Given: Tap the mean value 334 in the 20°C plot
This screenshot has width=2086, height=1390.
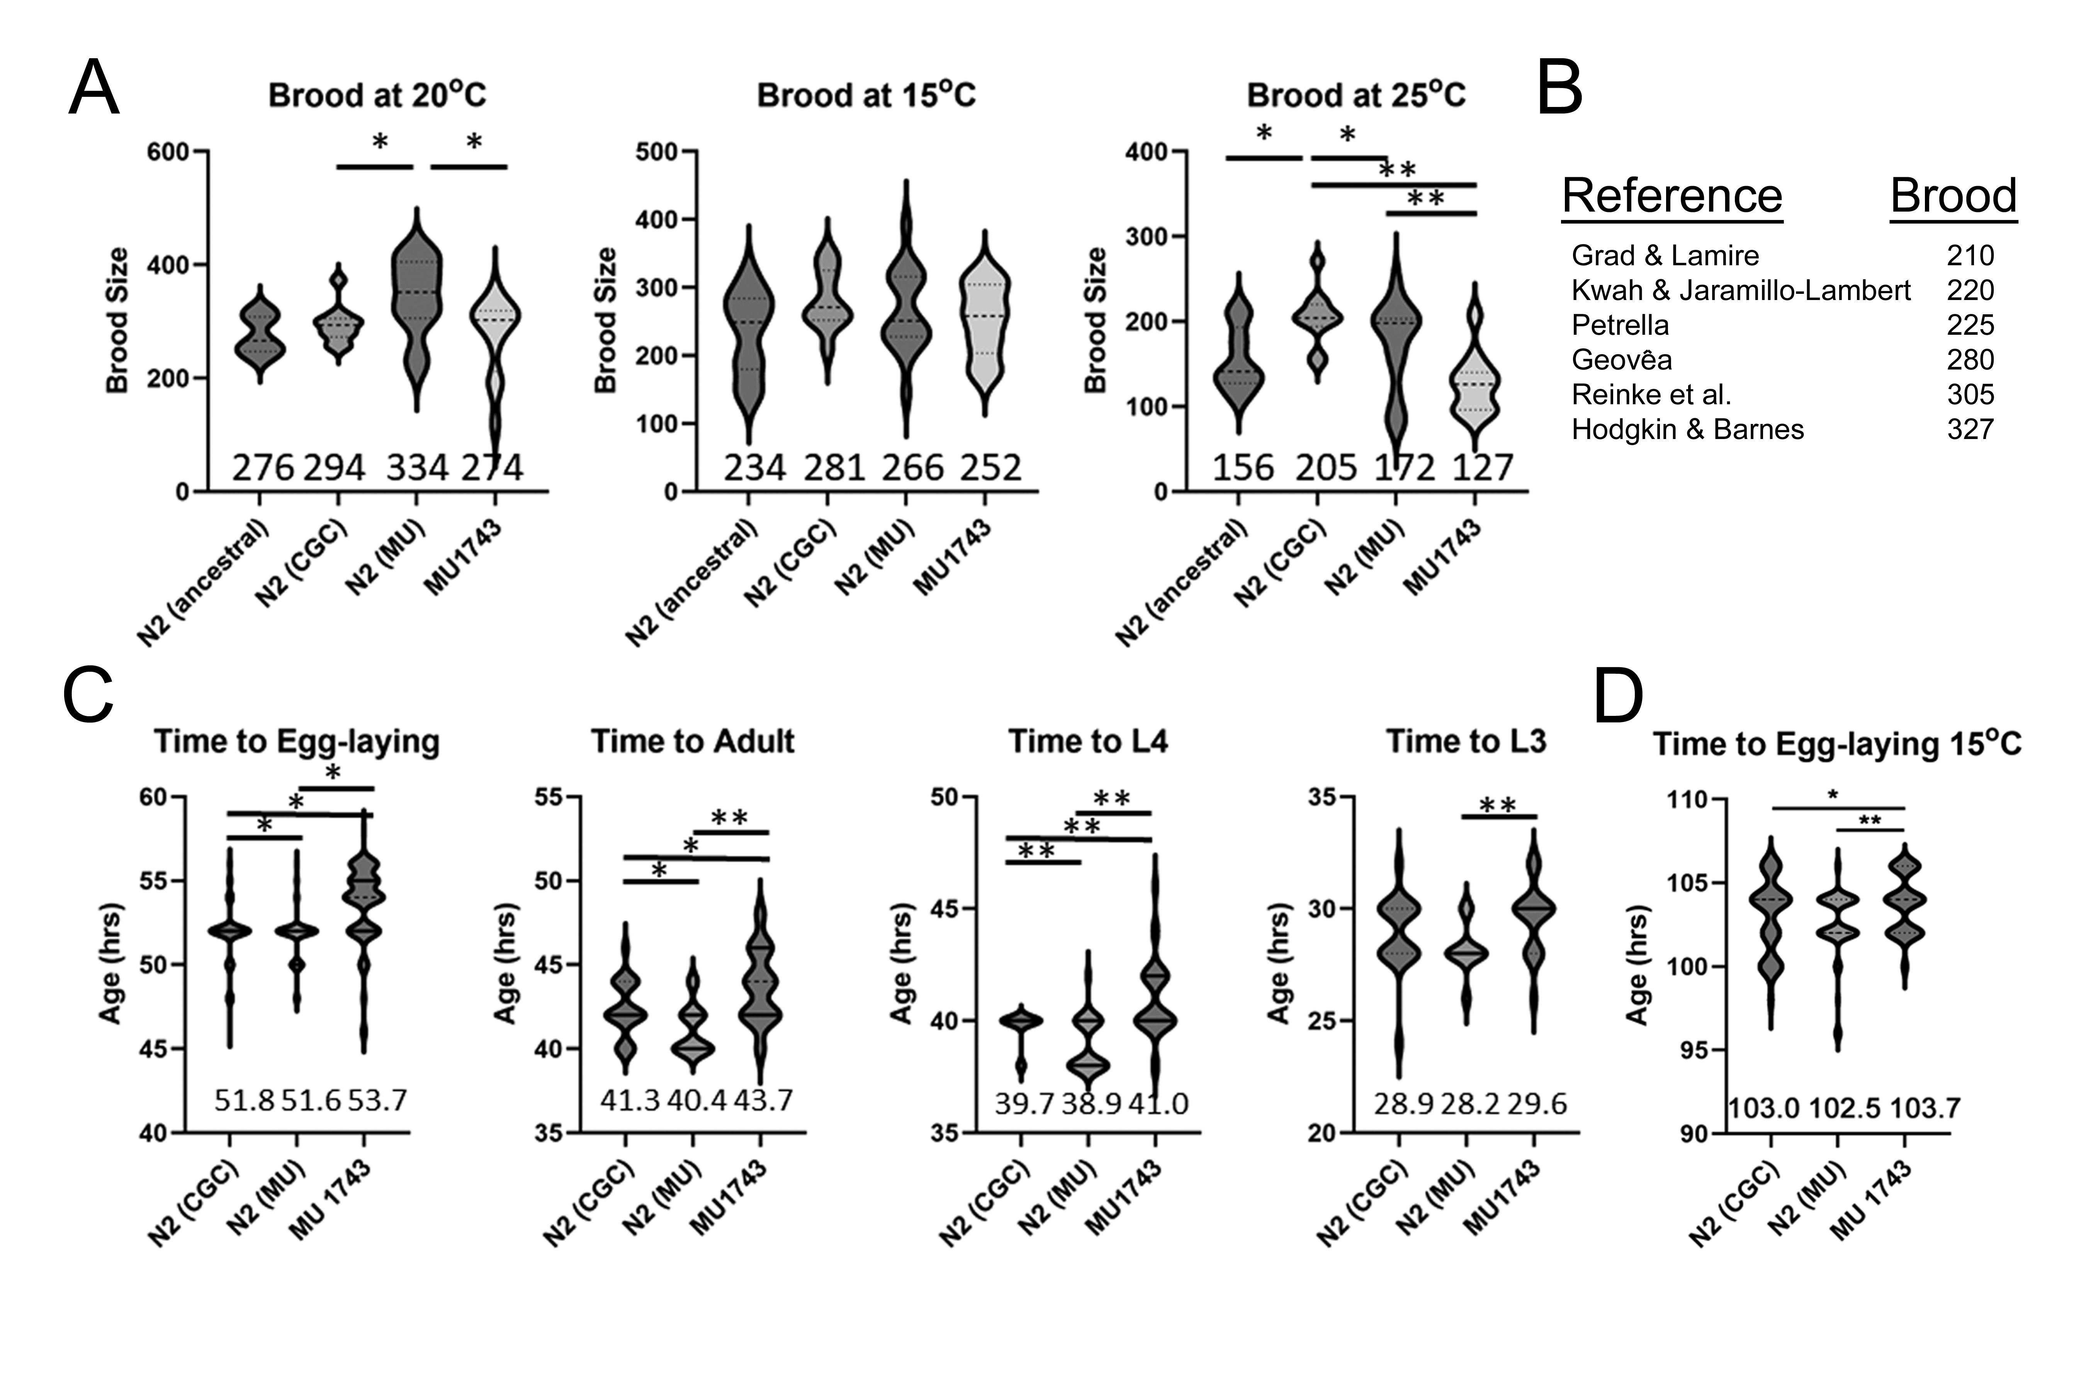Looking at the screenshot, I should pyautogui.click(x=417, y=467).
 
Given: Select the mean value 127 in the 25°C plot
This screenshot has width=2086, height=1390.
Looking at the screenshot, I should pyautogui.click(x=1482, y=467).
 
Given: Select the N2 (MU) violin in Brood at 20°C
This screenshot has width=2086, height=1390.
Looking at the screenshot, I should pyautogui.click(x=417, y=302).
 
